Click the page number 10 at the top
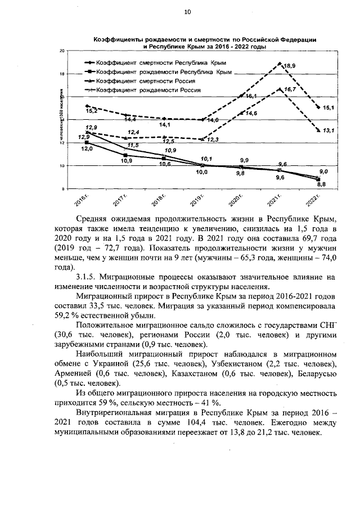coord(187,12)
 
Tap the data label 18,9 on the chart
coord(289,66)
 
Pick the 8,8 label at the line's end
coord(322,184)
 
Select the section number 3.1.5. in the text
coord(87,277)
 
